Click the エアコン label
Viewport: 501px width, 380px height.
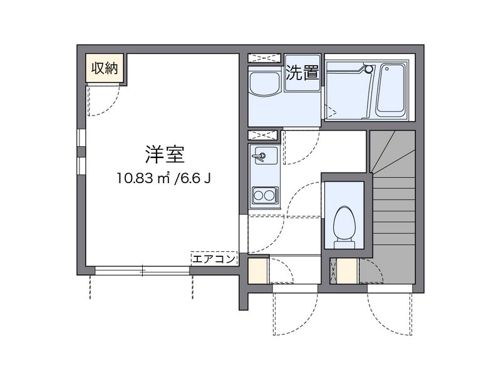coord(214,258)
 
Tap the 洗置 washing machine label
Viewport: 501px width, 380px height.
coord(302,73)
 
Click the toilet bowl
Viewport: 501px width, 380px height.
coord(343,223)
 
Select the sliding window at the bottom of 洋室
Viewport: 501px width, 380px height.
coord(142,271)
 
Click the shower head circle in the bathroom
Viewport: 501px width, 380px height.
coord(369,68)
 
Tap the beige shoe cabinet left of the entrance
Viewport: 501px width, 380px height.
coord(257,271)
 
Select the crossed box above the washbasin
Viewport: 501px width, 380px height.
coord(263,58)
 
